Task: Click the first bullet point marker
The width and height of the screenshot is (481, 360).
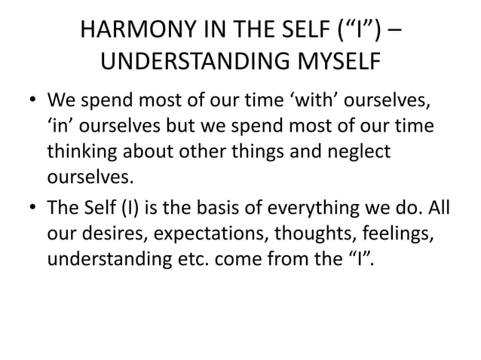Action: [29, 102]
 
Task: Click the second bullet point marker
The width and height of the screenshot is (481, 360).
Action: [29, 208]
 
